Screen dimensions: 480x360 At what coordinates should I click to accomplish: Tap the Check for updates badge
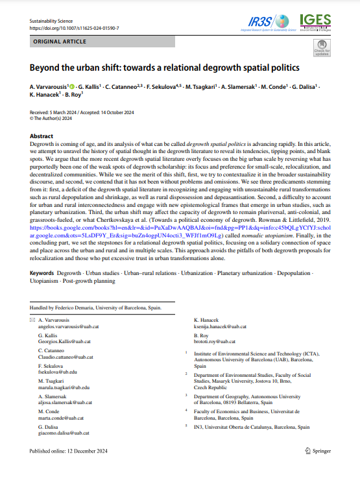(x=321, y=47)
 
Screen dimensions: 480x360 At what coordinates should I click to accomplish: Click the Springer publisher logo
(x=318, y=451)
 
